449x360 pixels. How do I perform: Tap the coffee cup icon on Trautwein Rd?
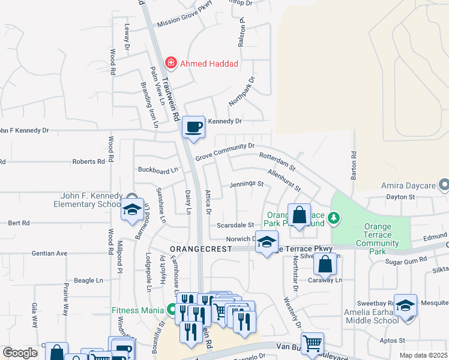coord(193,127)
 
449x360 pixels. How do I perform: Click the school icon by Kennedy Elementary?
coord(132,209)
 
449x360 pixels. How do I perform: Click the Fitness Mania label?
coord(138,310)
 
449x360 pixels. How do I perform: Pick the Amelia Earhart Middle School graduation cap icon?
coord(405,305)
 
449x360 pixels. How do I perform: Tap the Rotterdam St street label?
coord(277,160)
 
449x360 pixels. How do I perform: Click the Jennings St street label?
coord(247,184)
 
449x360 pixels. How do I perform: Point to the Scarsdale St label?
coord(235,225)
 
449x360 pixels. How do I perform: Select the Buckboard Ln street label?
coord(158,170)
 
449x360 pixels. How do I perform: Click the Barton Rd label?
coord(354,165)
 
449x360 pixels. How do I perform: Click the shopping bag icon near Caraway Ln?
coord(324,263)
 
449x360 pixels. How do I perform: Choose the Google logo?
coord(20,353)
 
